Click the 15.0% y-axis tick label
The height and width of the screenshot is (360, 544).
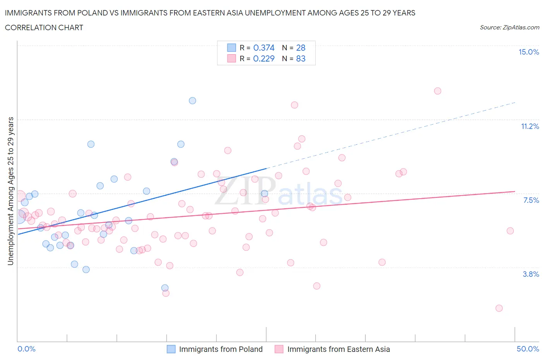pos(529,52)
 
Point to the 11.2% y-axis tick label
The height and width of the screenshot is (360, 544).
pos(530,127)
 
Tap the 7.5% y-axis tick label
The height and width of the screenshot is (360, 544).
pos(531,201)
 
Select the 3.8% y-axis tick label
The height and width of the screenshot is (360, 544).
pos(531,274)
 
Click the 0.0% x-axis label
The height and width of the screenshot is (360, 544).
pos(26,349)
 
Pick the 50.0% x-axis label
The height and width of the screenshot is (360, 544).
pos(528,349)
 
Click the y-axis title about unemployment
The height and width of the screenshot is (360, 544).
pos(10,191)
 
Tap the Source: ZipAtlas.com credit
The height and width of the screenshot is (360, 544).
pos(509,27)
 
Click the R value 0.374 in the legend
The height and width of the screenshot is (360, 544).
pos(263,48)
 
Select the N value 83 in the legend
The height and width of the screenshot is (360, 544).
pos(301,59)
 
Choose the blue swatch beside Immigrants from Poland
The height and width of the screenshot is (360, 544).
pos(171,349)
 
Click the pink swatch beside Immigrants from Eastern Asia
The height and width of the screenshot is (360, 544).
pos(279,349)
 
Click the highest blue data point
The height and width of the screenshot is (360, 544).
pos(192,101)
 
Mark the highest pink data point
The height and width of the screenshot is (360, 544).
pos(438,91)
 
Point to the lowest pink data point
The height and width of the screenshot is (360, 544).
pos(499,308)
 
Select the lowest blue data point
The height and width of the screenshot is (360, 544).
pos(165,288)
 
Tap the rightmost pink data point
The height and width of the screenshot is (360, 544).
pos(510,231)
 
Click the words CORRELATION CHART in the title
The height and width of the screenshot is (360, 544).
pos(44,27)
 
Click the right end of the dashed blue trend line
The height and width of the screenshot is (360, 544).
pos(515,102)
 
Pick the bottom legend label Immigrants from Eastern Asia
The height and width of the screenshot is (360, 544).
pos(339,349)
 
